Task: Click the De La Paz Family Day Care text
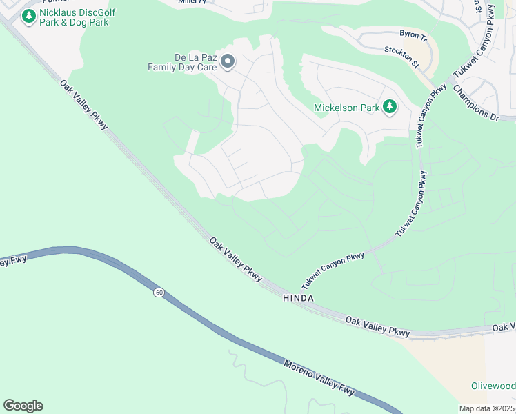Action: (x=182, y=62)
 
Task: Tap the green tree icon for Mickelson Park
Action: (x=390, y=107)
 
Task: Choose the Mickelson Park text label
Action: (x=346, y=108)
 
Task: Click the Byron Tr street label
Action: (x=414, y=33)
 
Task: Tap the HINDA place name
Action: (x=299, y=298)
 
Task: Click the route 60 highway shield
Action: (x=159, y=293)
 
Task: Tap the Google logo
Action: (x=23, y=406)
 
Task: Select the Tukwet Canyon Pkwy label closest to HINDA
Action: (x=333, y=270)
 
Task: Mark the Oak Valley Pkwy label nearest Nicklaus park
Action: (x=88, y=106)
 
